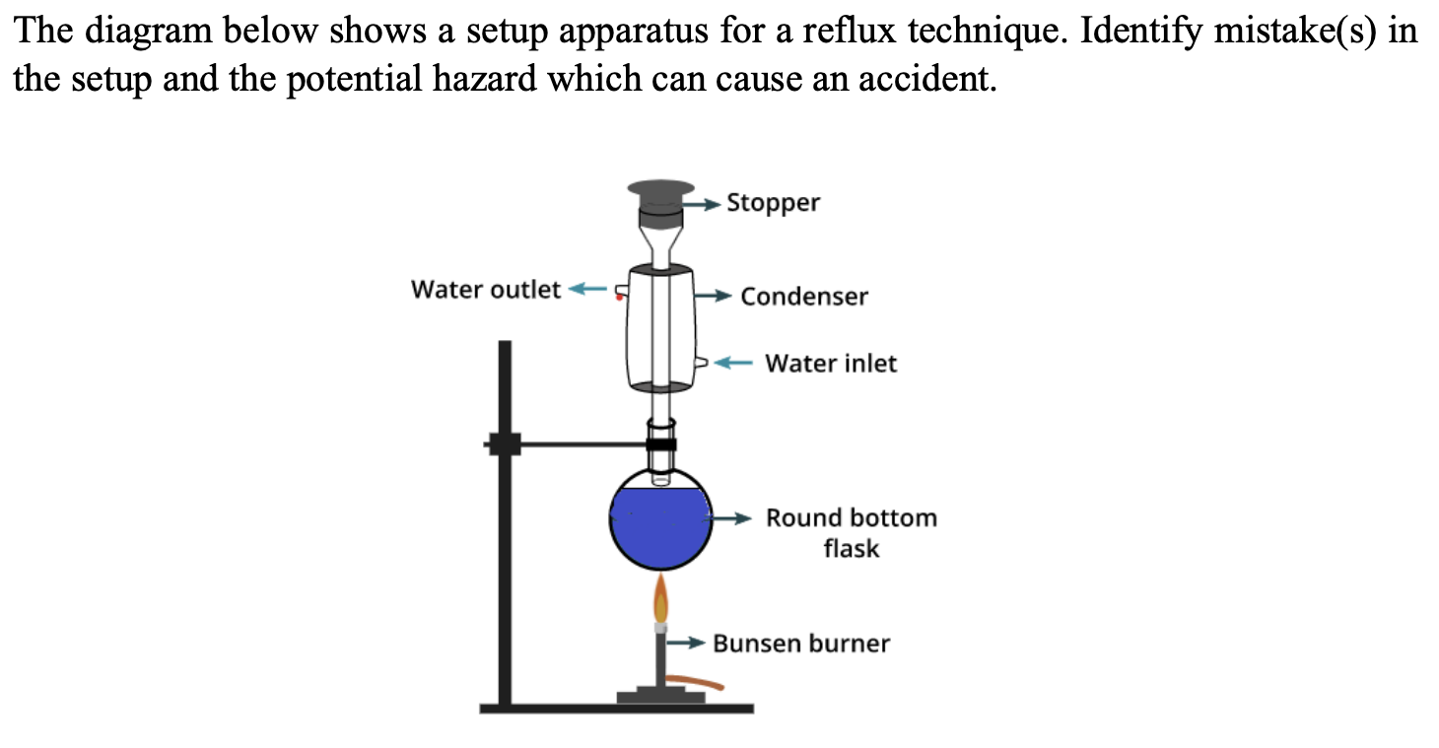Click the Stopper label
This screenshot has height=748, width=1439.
click(x=773, y=203)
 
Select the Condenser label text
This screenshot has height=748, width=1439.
click(x=803, y=297)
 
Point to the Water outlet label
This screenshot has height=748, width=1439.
click(x=485, y=290)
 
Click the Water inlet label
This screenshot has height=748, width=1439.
click(x=830, y=364)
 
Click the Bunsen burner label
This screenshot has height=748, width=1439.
click(x=800, y=644)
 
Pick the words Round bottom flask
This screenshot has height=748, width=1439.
click(x=851, y=532)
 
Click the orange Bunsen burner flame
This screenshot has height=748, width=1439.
click(x=661, y=599)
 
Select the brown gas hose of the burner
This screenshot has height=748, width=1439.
click(x=695, y=680)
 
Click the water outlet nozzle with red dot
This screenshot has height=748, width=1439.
click(x=620, y=292)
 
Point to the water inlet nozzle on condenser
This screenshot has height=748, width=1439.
click(x=702, y=363)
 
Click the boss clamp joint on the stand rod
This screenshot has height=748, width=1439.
click(x=505, y=444)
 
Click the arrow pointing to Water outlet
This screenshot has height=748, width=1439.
click(x=588, y=290)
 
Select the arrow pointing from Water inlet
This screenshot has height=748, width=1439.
click(x=732, y=363)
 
